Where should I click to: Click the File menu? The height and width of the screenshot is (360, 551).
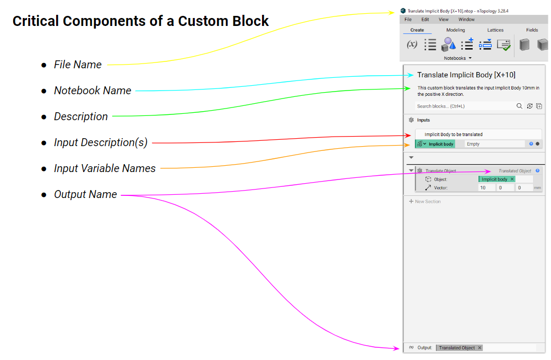(x=408, y=20)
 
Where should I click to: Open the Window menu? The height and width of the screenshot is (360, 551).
(x=466, y=20)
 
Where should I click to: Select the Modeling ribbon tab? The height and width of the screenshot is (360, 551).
(x=455, y=30)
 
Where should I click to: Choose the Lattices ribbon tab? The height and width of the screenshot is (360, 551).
(x=495, y=30)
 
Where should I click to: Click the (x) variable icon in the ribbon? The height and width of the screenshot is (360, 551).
(x=412, y=44)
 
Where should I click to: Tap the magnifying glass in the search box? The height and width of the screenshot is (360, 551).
(x=519, y=106)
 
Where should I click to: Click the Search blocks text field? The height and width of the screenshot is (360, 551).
(x=460, y=106)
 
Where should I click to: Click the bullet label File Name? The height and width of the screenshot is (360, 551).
(x=78, y=65)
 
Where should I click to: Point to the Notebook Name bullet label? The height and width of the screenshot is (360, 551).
(x=93, y=91)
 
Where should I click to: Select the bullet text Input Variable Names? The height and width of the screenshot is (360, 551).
(x=105, y=168)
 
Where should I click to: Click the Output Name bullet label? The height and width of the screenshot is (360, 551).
(x=85, y=194)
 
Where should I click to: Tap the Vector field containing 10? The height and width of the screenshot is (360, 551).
(x=486, y=188)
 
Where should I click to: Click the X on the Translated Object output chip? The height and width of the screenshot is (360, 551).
(x=480, y=348)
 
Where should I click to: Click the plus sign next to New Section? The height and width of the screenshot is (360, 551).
(x=411, y=202)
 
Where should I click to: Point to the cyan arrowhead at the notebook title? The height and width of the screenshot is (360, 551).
(x=411, y=75)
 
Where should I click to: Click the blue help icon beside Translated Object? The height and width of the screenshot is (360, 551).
(x=538, y=171)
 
